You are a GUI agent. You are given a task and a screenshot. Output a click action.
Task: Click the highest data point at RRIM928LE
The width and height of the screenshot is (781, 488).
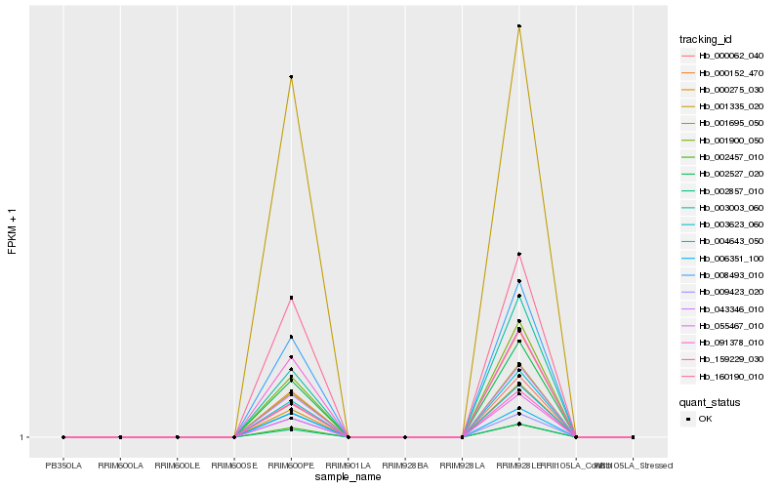click(x=519, y=26)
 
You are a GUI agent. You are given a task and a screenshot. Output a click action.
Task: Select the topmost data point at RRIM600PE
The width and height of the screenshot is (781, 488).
click(x=291, y=77)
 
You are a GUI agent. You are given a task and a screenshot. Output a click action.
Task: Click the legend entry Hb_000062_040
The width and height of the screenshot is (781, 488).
click(x=723, y=56)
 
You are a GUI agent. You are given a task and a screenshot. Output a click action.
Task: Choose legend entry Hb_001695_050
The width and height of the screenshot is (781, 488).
click(x=723, y=123)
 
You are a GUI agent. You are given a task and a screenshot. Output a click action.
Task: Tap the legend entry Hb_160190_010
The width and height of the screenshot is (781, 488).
click(x=723, y=376)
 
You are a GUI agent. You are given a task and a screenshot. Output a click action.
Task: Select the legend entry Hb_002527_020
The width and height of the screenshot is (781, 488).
click(x=723, y=173)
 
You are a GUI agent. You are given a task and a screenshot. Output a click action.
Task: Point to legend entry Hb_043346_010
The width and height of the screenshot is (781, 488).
click(x=723, y=308)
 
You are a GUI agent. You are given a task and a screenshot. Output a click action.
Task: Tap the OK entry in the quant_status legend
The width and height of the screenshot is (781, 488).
click(x=705, y=419)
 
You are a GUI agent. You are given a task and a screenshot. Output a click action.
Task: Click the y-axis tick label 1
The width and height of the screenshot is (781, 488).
click(x=22, y=437)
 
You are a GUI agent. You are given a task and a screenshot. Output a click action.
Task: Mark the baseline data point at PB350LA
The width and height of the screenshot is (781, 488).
click(x=63, y=437)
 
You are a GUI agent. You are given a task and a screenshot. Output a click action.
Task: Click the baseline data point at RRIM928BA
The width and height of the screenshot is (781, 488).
click(x=405, y=437)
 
